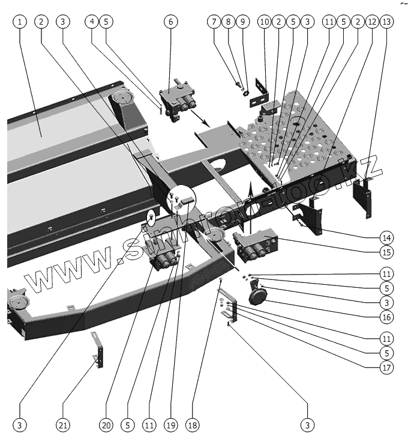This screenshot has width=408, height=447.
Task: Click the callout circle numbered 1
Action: pyautogui.click(x=20, y=21)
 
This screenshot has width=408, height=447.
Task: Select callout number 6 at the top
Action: pyautogui.click(x=170, y=21)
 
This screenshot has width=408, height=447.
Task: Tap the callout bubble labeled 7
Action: pyautogui.click(x=214, y=21)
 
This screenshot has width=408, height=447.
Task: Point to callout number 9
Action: pyautogui.click(x=242, y=21)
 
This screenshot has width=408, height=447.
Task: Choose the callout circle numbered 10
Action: pyautogui.click(x=264, y=21)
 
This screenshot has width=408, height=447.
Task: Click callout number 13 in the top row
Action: pyautogui.click(x=387, y=21)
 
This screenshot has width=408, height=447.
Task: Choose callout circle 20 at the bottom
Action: pyautogui.click(x=106, y=425)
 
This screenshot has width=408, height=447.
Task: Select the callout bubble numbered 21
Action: pyautogui.click(x=63, y=425)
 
